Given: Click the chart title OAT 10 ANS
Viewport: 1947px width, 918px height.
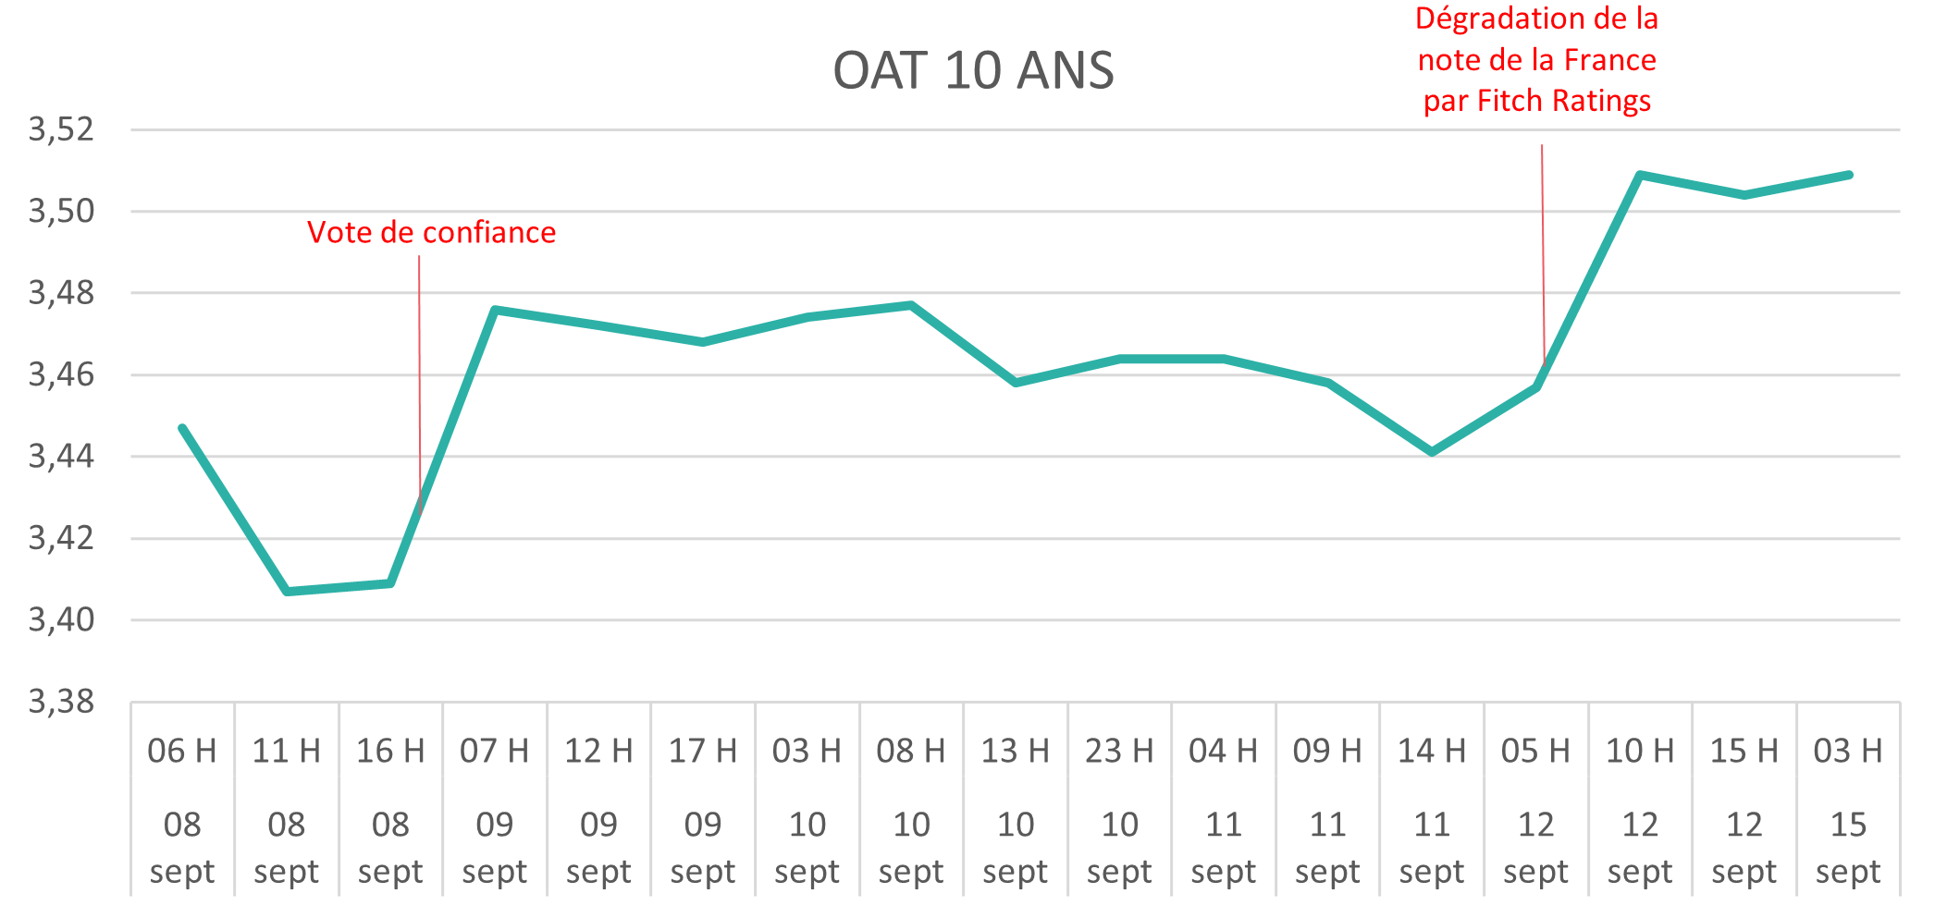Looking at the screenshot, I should pyautogui.click(x=973, y=71).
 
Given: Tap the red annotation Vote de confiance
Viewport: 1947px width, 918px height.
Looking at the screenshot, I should pyautogui.click(x=431, y=232).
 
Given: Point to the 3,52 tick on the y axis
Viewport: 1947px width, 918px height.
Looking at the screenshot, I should pyautogui.click(x=62, y=129).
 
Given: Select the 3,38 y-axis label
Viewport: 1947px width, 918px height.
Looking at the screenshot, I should pyautogui.click(x=62, y=702).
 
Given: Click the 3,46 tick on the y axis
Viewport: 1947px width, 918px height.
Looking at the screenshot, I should pyautogui.click(x=62, y=374).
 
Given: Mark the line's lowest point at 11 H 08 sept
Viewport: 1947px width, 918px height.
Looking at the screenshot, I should pyautogui.click(x=287, y=591).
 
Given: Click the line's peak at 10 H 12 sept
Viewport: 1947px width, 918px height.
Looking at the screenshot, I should pyautogui.click(x=1640, y=175).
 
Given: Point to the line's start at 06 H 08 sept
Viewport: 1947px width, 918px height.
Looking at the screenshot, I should pyautogui.click(x=182, y=428).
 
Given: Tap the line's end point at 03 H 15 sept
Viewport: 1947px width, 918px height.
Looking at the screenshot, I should pyautogui.click(x=1848, y=175).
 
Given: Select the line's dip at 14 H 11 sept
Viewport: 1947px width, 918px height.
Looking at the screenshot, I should pyautogui.click(x=1432, y=452).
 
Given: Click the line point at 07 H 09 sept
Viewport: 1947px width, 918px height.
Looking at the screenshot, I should pyautogui.click(x=495, y=310).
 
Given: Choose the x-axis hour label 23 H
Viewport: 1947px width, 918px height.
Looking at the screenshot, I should pyautogui.click(x=1119, y=751).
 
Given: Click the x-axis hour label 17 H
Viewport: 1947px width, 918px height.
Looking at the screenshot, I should pyautogui.click(x=703, y=751).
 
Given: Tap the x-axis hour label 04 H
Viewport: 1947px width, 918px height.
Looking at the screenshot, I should pyautogui.click(x=1224, y=751).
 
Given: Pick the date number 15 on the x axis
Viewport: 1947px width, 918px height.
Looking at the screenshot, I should pyautogui.click(x=1848, y=824).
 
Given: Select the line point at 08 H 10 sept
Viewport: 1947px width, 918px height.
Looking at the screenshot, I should pyautogui.click(x=911, y=304).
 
